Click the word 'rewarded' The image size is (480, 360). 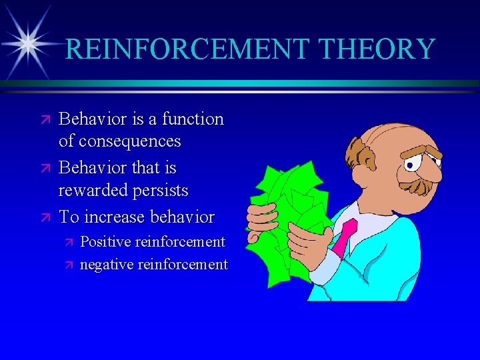click(x=93, y=191)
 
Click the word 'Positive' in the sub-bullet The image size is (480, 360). click(x=105, y=241)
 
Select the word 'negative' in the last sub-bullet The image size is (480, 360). click(x=107, y=264)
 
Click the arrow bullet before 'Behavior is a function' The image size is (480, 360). click(x=45, y=120)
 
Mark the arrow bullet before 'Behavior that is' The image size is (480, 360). click(x=45, y=168)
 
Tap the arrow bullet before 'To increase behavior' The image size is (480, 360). click(x=45, y=217)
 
